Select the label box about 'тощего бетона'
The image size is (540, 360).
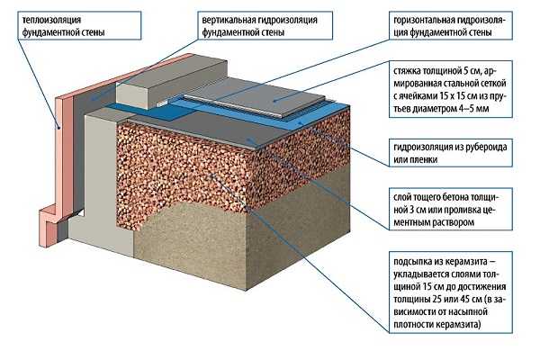(x=455, y=206)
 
